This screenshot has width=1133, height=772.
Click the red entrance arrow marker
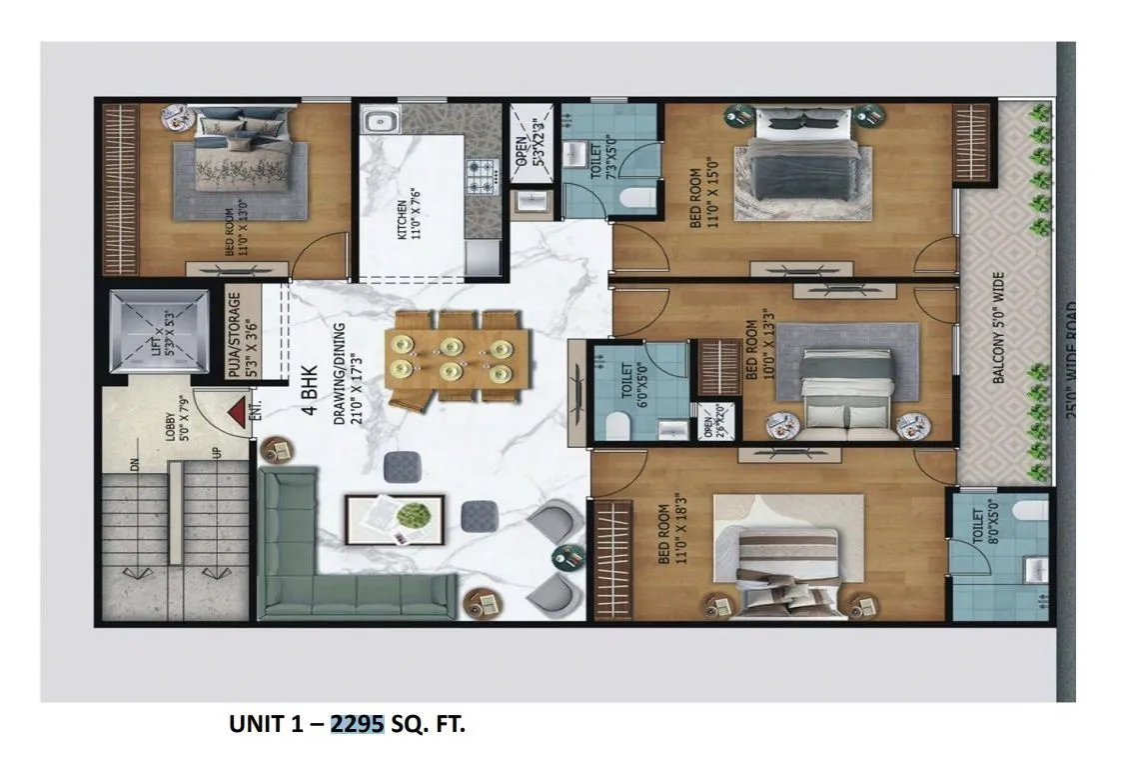point(236,412)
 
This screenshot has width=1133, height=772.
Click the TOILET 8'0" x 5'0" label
point(985,530)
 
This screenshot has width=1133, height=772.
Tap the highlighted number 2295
point(358,724)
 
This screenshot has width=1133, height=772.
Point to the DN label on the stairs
point(134,461)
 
